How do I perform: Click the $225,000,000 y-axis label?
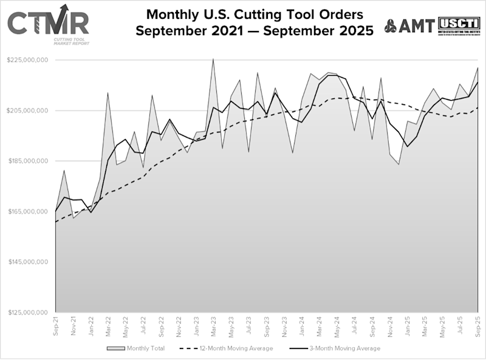[x=28, y=60]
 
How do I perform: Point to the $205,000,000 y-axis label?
[x=28, y=110]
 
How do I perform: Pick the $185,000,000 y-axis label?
[x=28, y=161]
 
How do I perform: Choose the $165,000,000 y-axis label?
[x=28, y=211]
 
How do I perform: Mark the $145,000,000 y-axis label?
[x=28, y=262]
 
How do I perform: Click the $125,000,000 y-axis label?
[x=28, y=312]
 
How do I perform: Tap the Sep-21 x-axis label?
[x=56, y=327]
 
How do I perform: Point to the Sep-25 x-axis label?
[x=478, y=327]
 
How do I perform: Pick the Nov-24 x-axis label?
[x=389, y=327]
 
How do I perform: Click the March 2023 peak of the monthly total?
[x=213, y=59]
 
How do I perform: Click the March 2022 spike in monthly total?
[x=108, y=93]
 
